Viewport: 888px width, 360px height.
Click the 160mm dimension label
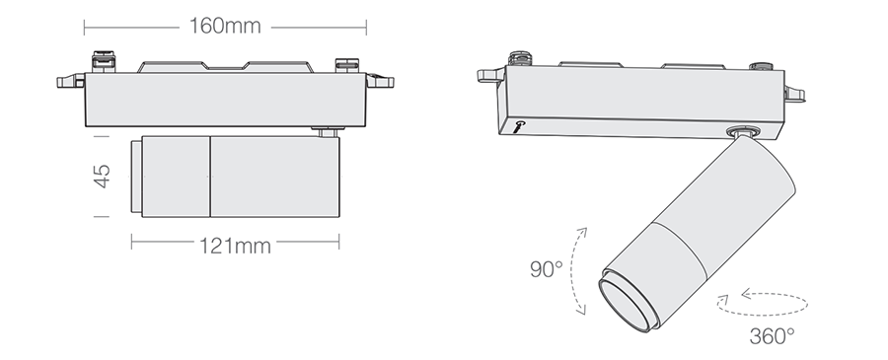point(225,26)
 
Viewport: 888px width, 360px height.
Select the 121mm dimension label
point(235,246)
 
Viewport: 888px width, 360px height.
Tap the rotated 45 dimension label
point(102,176)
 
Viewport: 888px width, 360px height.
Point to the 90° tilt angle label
point(546,269)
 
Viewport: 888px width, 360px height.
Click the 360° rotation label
point(772,336)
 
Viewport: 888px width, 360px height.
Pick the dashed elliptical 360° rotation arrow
point(763,314)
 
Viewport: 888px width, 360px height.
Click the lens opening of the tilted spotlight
point(626,305)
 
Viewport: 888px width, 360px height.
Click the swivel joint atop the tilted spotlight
point(742,132)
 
